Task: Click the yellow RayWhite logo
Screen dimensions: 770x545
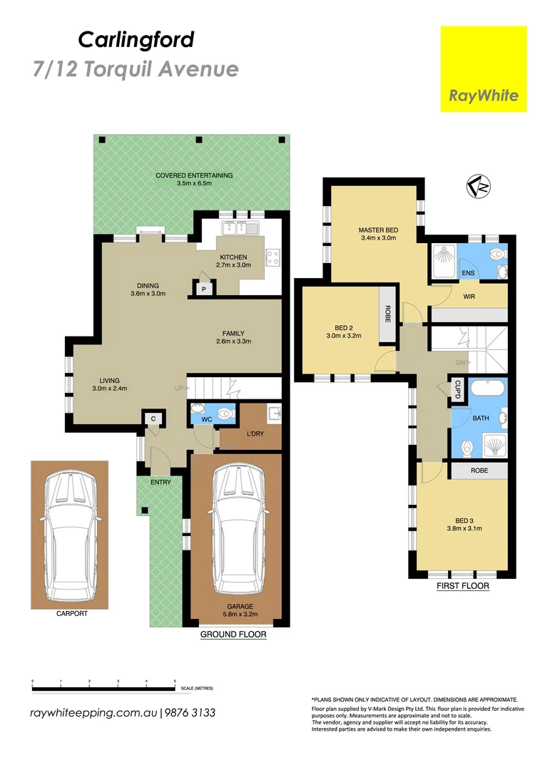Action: [x=483, y=69]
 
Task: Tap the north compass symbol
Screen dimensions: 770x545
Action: [x=478, y=187]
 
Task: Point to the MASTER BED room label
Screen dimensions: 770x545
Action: [x=378, y=230]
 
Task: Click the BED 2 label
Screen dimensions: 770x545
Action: [x=339, y=327]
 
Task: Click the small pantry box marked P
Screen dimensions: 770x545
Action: [x=203, y=289]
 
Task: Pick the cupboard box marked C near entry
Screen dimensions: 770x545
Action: [x=153, y=419]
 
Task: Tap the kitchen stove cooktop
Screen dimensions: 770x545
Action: [x=273, y=255]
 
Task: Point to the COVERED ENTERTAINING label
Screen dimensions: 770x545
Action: [x=194, y=175]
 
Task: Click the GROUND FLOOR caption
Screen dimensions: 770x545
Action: [x=233, y=634]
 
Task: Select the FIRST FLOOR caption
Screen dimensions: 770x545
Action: [x=462, y=586]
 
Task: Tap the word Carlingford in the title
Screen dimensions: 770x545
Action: [x=136, y=39]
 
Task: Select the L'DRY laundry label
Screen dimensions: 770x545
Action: [x=255, y=434]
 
